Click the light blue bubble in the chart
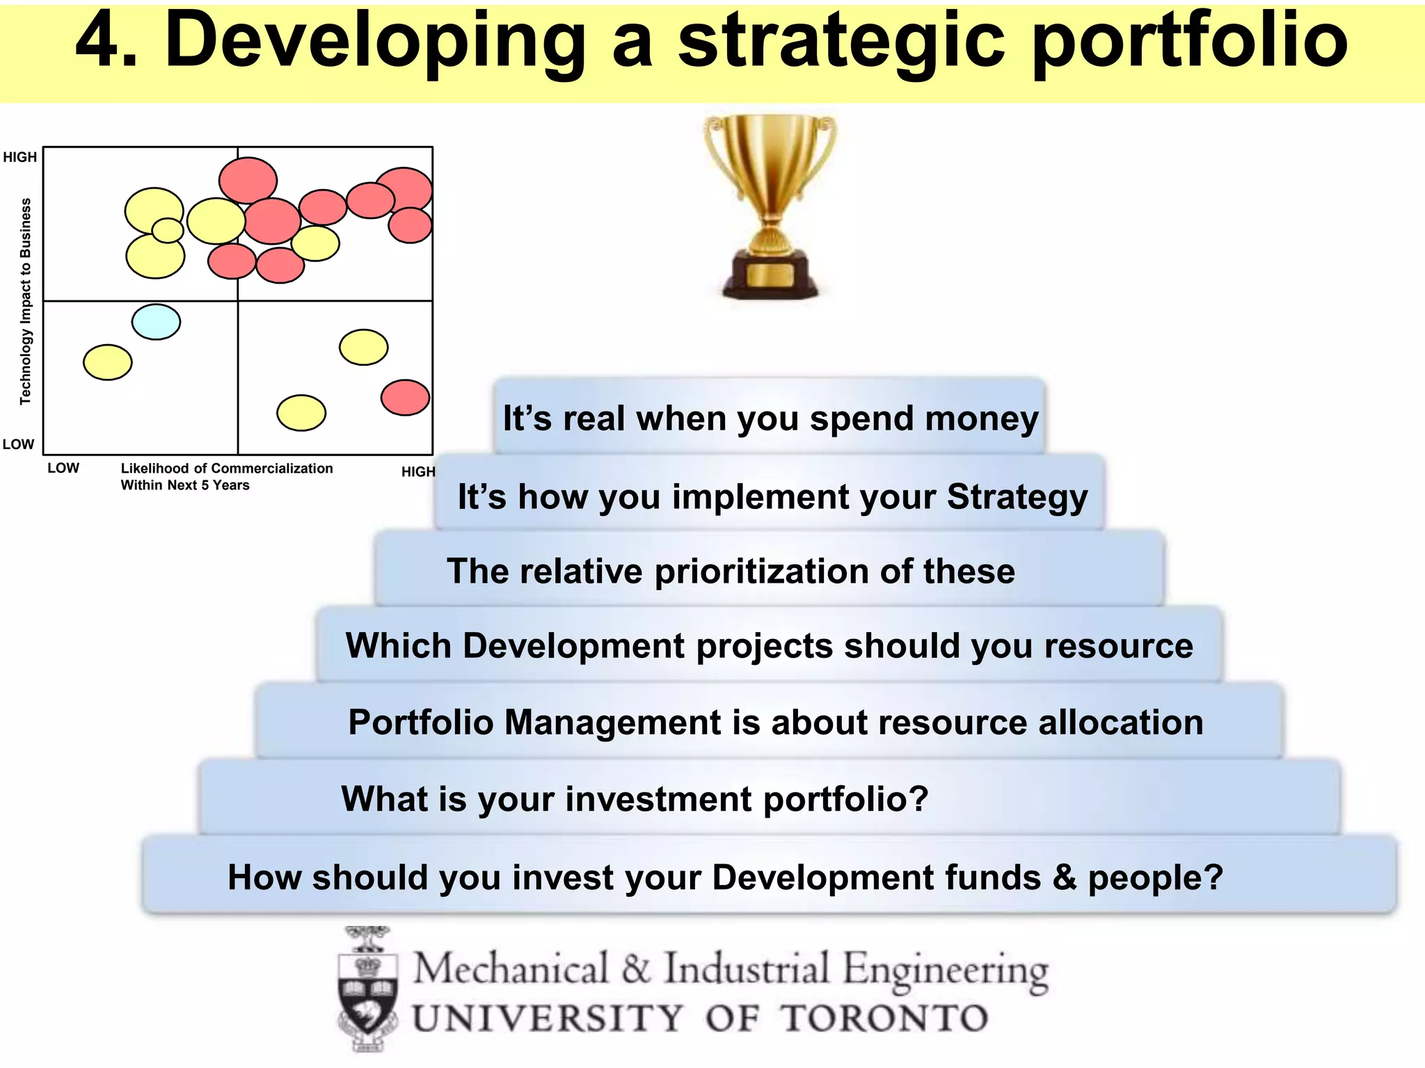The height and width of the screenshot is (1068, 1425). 156,322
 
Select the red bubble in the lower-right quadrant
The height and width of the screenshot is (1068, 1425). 405,398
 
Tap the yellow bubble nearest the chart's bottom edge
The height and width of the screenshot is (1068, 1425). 301,413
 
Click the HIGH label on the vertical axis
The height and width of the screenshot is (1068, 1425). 19,157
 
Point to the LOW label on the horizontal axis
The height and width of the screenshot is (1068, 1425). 63,468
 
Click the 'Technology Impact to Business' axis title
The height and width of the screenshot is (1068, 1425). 26,301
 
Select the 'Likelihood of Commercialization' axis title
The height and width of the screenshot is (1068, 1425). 227,469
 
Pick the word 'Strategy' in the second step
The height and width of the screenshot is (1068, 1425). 1017,497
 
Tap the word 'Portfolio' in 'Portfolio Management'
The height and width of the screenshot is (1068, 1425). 421,722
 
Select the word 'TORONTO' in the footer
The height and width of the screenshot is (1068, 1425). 884,1019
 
